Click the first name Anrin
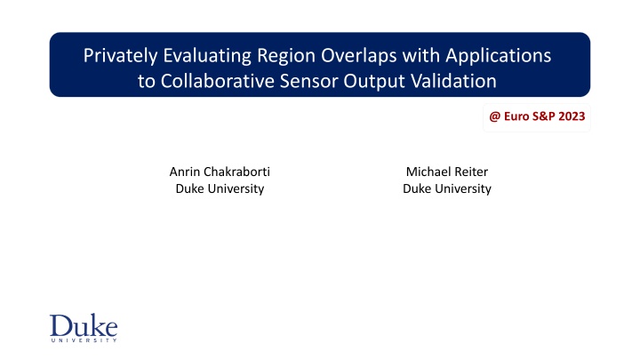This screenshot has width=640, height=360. tap(184, 172)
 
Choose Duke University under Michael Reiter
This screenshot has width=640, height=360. tap(447, 188)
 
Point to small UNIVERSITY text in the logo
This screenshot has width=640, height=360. tap(84, 340)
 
